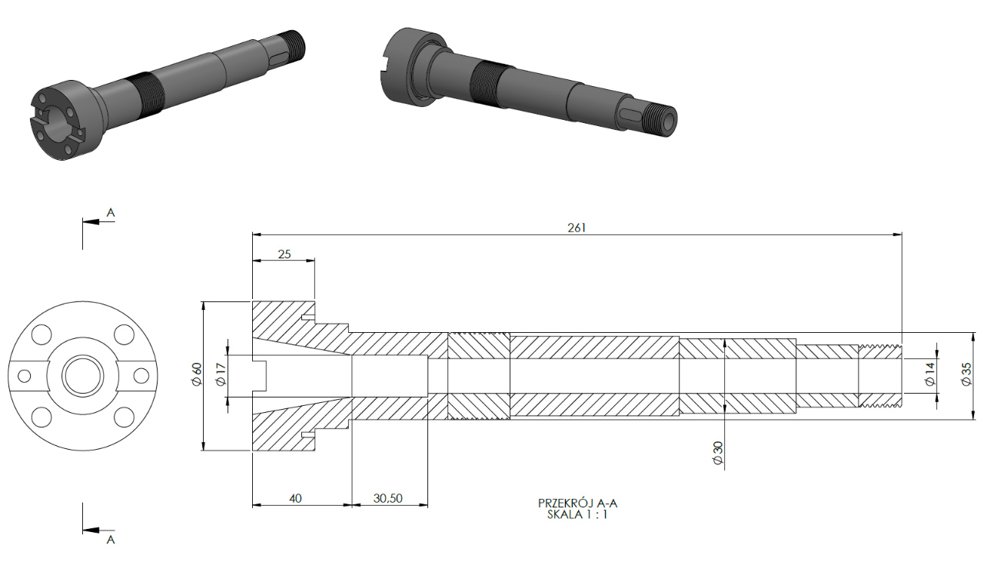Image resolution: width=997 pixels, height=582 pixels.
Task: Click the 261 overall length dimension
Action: [577, 228]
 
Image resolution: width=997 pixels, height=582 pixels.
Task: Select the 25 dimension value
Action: [284, 254]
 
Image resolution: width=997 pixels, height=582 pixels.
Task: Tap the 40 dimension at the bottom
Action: [295, 498]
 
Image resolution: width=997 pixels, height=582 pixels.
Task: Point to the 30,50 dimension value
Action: [387, 498]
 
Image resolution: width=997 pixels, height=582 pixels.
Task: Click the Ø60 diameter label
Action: [197, 374]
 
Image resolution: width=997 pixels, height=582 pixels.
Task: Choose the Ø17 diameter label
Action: [221, 374]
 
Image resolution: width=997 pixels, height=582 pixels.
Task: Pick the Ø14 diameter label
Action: [930, 374]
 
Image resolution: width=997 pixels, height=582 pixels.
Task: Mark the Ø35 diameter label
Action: [966, 374]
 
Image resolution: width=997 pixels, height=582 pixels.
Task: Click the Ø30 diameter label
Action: [717, 453]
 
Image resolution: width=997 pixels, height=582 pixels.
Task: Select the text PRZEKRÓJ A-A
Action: [577, 503]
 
